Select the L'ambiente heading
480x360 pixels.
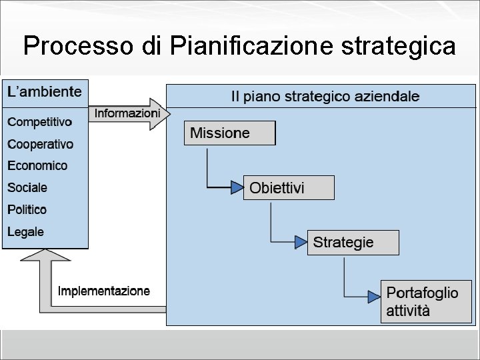click(x=45, y=92)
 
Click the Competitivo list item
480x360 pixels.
click(x=39, y=122)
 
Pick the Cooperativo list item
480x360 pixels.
click(x=40, y=144)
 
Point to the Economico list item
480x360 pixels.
click(x=37, y=165)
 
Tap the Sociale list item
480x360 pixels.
click(x=27, y=187)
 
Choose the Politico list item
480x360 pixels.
click(x=27, y=209)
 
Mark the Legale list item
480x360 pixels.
click(x=26, y=232)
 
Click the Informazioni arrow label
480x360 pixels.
click(x=127, y=113)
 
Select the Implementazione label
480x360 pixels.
click(x=104, y=291)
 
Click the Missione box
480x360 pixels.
click(x=229, y=133)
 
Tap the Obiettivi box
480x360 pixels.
click(x=289, y=188)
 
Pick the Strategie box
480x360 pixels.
click(x=353, y=242)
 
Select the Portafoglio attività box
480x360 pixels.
click(x=425, y=301)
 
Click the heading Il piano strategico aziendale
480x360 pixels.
click(x=325, y=97)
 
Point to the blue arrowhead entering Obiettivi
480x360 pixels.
click(x=237, y=188)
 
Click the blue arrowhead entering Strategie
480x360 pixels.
click(x=301, y=242)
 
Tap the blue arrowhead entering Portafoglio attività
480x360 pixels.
click(x=374, y=295)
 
